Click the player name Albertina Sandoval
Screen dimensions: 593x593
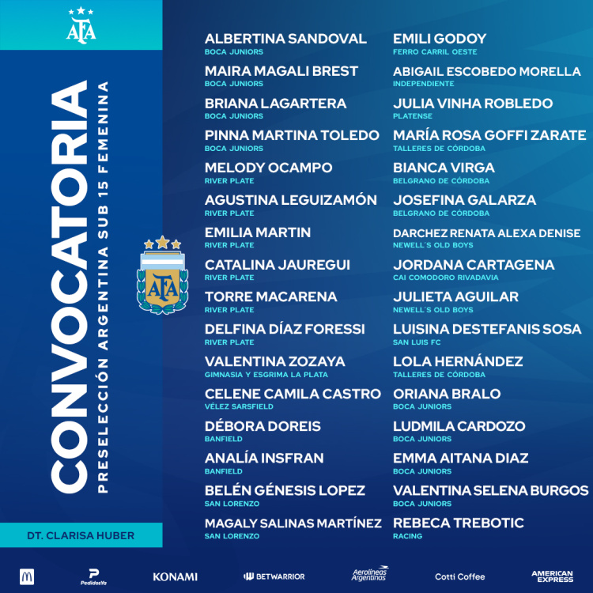[285, 39]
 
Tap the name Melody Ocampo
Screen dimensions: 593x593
[268, 168]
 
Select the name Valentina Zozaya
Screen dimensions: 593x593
[274, 361]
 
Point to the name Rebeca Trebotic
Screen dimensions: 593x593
[458, 523]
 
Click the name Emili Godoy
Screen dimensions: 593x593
[440, 39]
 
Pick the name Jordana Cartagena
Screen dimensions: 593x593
[474, 264]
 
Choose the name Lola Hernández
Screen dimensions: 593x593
[458, 361]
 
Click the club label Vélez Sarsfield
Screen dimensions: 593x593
[239, 406]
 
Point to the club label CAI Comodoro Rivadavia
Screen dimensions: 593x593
[446, 278]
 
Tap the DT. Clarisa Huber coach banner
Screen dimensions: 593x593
[81, 535]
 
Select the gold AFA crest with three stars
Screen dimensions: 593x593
[162, 275]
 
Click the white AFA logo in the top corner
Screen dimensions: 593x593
[81, 25]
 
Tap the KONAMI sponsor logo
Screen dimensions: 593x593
[175, 576]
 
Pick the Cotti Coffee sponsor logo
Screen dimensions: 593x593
[460, 576]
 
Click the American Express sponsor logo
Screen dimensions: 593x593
[552, 576]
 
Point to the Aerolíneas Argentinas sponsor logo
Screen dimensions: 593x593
[370, 576]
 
